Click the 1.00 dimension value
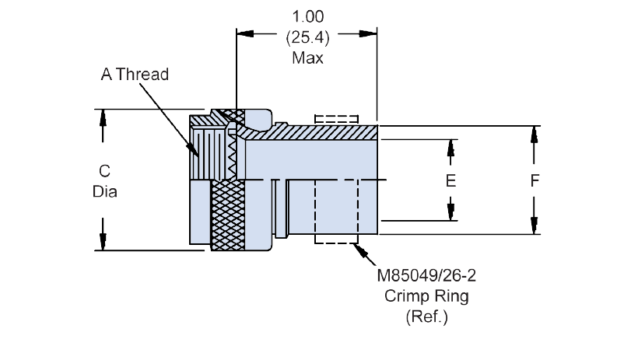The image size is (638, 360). point(308,16)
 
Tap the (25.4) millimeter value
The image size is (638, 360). point(307,37)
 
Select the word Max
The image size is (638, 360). point(307,58)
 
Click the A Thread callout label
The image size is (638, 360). point(135,75)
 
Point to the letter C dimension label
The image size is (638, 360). point(104,171)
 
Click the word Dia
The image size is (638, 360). point(104,191)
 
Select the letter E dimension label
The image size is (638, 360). point(450,181)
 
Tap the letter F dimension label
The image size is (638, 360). point(535,180)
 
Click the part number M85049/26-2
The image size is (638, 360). point(426,276)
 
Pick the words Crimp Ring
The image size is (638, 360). point(426,296)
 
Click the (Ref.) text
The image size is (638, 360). point(426,316)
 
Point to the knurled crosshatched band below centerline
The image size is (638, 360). point(228,215)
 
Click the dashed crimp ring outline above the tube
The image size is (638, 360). point(336,119)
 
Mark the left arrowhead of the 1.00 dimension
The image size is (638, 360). point(245,33)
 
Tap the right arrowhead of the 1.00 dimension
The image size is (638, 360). point(368,33)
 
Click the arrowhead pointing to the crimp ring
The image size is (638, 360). point(359,249)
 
